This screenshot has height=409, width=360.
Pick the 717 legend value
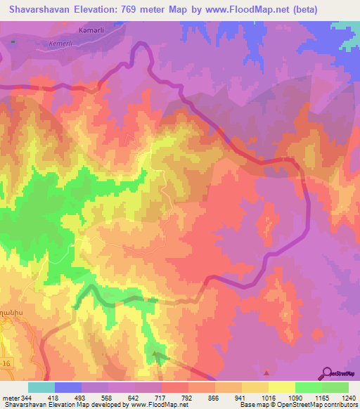point(148,398)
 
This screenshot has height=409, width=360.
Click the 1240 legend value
point(348,398)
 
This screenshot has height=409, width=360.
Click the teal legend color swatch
point(41,387)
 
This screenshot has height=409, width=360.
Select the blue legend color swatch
point(68,387)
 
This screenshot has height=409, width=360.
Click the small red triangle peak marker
point(266,373)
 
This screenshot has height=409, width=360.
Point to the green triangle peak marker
point(155,353)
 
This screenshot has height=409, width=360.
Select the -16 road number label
point(7,347)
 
